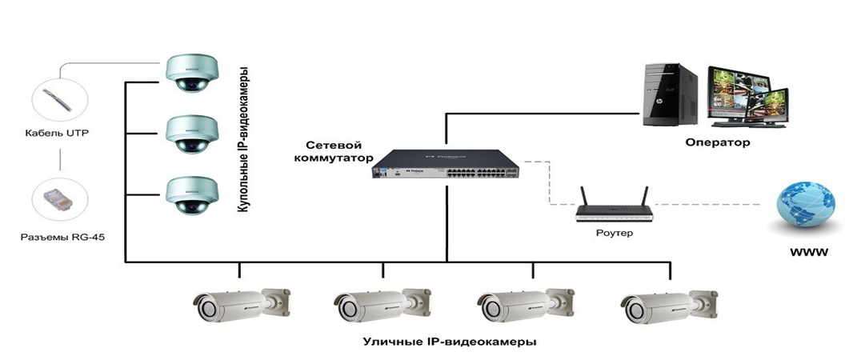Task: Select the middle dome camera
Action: point(190,133)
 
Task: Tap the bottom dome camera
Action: point(190,195)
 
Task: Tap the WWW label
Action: point(807,253)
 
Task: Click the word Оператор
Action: point(717,143)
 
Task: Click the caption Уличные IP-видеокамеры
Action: point(449,342)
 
